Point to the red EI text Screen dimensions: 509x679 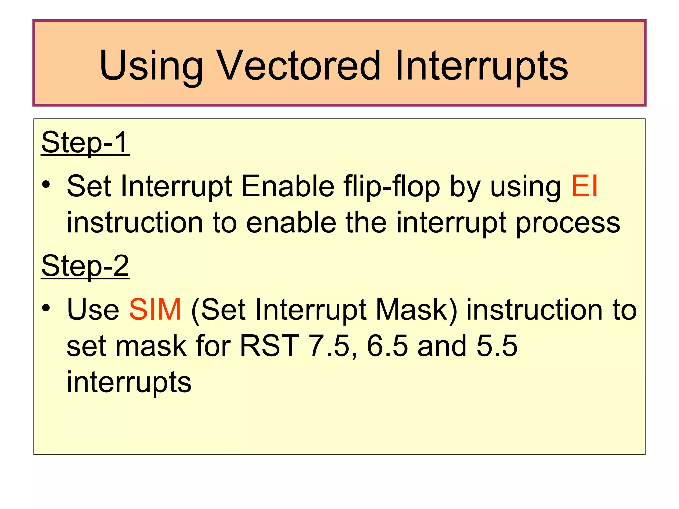(x=585, y=186)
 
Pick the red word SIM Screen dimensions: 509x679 (x=155, y=310)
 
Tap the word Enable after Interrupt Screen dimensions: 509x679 (x=288, y=186)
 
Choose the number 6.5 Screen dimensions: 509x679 (x=387, y=346)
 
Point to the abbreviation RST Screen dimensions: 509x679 (x=269, y=346)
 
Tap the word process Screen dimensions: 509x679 (x=568, y=223)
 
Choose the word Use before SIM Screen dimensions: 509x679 (x=93, y=310)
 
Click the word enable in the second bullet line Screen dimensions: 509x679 (x=291, y=223)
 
